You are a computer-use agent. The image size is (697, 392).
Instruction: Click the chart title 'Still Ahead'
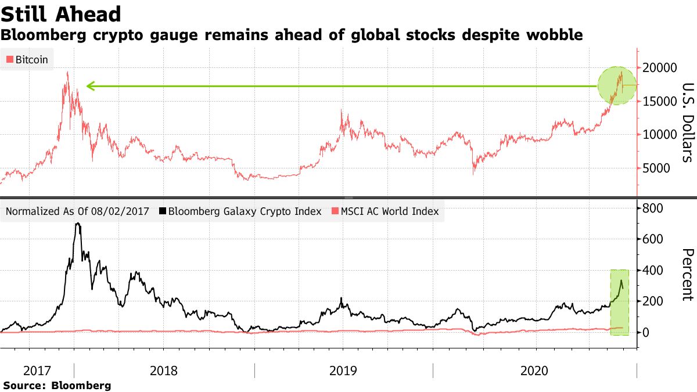coord(61,14)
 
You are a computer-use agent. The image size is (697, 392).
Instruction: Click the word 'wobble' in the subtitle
coord(554,35)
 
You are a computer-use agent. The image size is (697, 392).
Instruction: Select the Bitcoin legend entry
coord(27,59)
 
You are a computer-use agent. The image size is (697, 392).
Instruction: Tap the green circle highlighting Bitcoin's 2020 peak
coord(618,86)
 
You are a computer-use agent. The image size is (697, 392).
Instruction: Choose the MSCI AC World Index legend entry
coord(384,211)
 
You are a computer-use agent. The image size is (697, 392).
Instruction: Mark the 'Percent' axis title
coord(687,275)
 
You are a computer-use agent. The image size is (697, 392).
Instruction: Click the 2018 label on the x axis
coord(164,371)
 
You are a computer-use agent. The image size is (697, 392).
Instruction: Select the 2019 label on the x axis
coord(343,371)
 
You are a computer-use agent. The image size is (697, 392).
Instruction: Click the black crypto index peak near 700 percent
coord(77,224)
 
